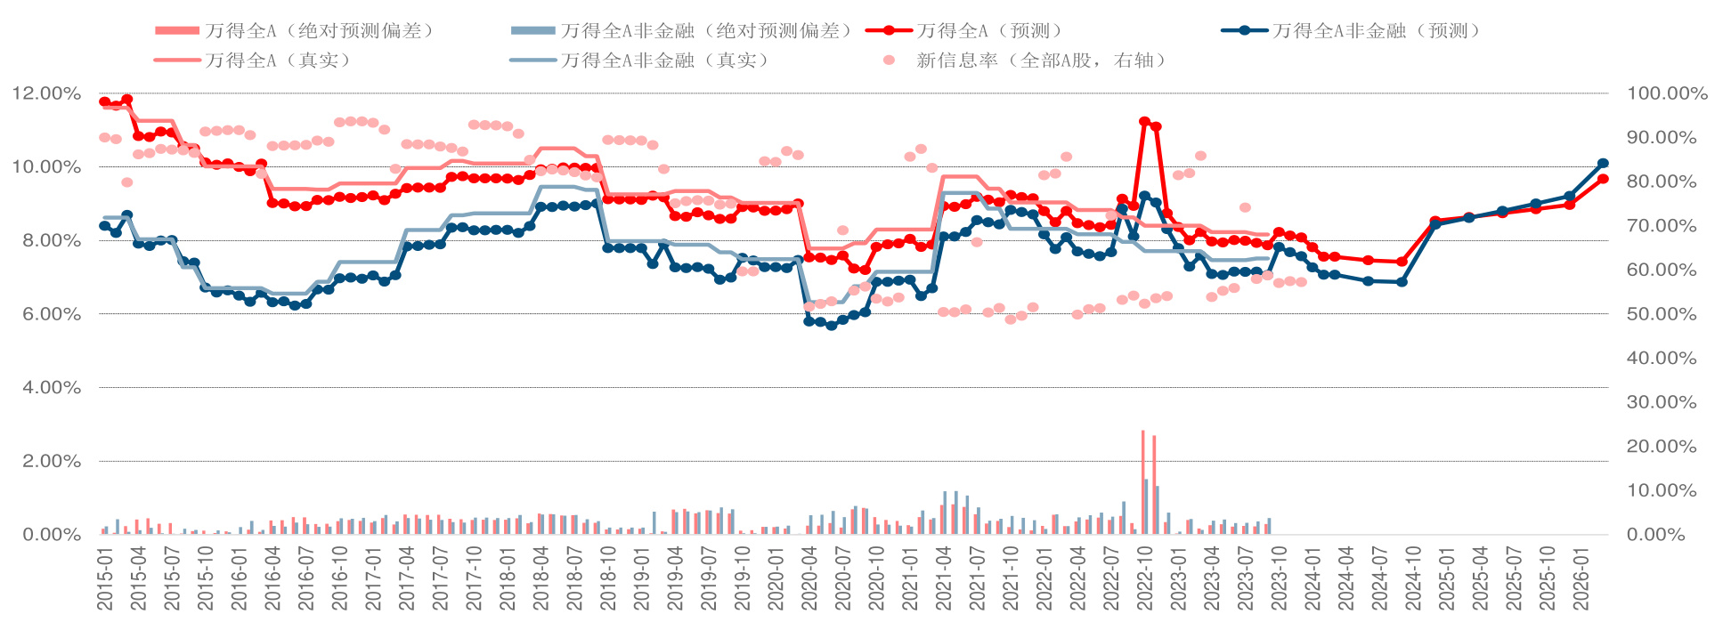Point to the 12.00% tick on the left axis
(46, 93)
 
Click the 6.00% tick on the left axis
(46, 314)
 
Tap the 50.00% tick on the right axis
(1662, 314)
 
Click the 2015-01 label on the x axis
(105, 578)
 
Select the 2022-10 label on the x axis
(1145, 578)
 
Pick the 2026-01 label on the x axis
(1581, 578)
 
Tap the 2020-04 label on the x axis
(809, 578)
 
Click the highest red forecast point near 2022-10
(1144, 121)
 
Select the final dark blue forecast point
(1603, 164)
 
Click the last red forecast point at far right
(1603, 179)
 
